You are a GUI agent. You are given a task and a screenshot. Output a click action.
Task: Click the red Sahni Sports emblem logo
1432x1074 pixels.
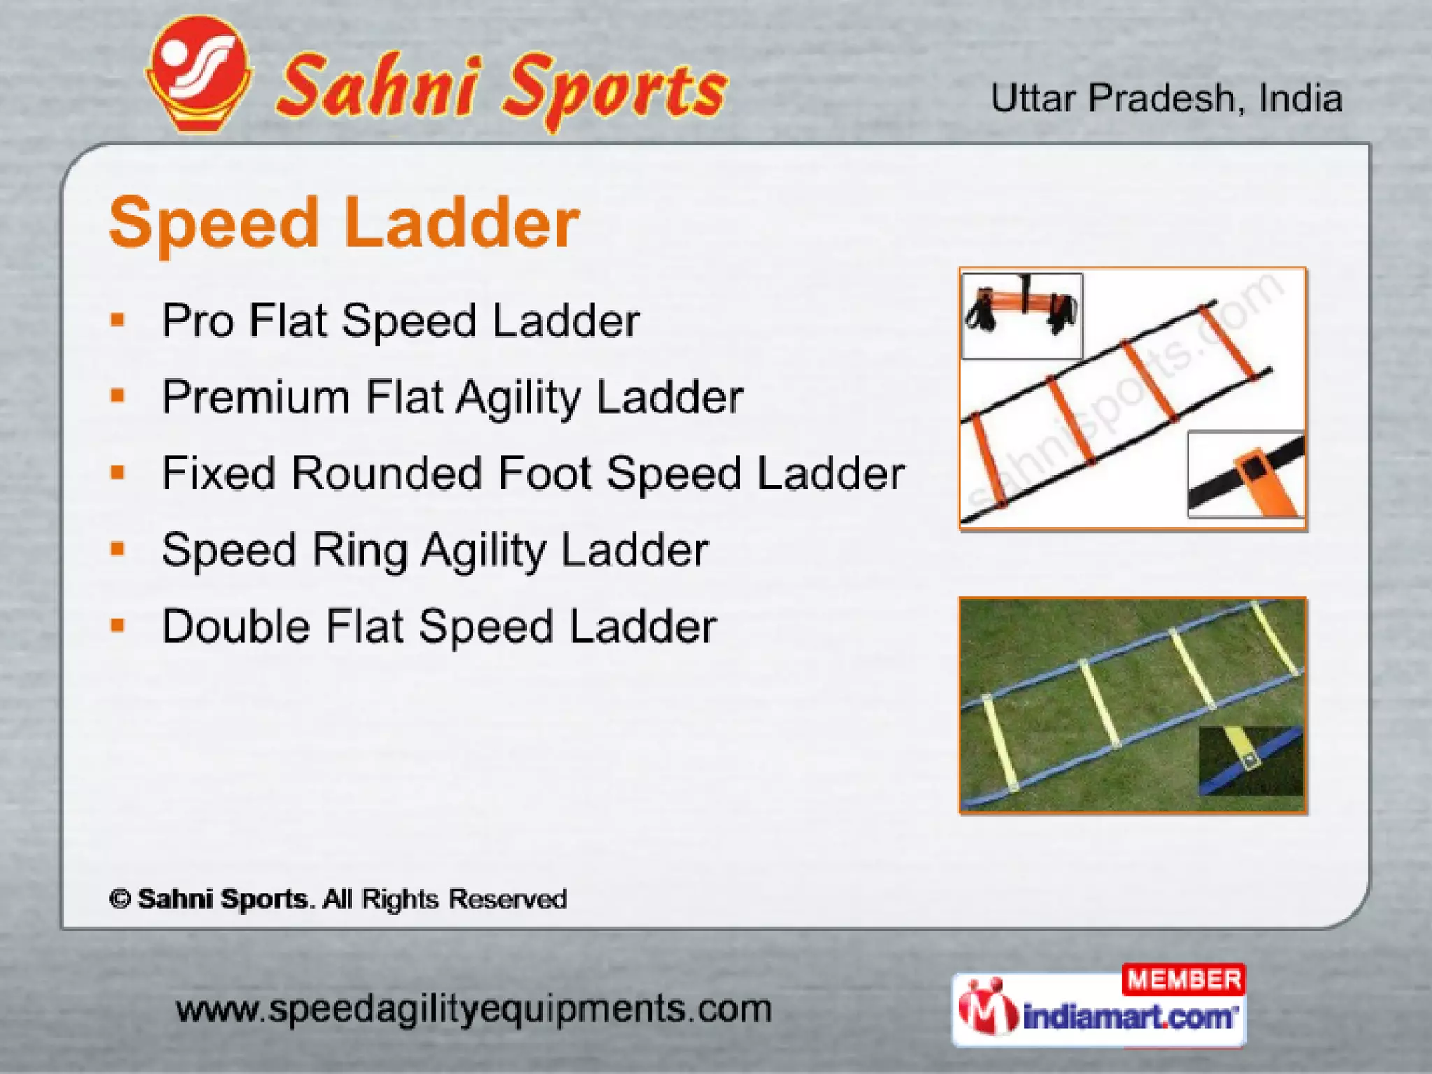(199, 73)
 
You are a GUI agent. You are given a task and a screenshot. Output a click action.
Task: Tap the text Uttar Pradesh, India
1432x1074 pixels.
(1166, 99)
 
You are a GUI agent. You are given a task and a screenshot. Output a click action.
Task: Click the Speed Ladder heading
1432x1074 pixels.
(344, 223)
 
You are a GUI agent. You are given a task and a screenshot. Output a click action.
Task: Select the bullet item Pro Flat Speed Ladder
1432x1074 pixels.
(400, 321)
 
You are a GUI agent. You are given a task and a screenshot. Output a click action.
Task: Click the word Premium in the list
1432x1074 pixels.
(255, 397)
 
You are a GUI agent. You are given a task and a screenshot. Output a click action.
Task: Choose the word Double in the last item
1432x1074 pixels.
(236, 626)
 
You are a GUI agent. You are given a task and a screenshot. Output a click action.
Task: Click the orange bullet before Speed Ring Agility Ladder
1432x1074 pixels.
(117, 549)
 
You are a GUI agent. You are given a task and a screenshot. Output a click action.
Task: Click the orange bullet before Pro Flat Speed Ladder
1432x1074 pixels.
(117, 320)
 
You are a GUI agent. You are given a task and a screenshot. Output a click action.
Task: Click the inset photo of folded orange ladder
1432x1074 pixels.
(1022, 315)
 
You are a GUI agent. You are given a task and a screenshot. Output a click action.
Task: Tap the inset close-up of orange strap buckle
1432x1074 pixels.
(1246, 475)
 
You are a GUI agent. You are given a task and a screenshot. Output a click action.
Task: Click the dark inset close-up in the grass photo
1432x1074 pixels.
(1250, 761)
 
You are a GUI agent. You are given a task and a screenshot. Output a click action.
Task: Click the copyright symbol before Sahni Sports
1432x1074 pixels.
(120, 899)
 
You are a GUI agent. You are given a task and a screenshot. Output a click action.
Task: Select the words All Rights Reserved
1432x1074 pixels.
(445, 899)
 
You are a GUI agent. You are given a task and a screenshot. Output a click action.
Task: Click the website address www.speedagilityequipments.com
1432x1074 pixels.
(473, 1010)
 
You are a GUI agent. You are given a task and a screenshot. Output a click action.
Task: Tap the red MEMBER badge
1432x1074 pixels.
(1183, 980)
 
